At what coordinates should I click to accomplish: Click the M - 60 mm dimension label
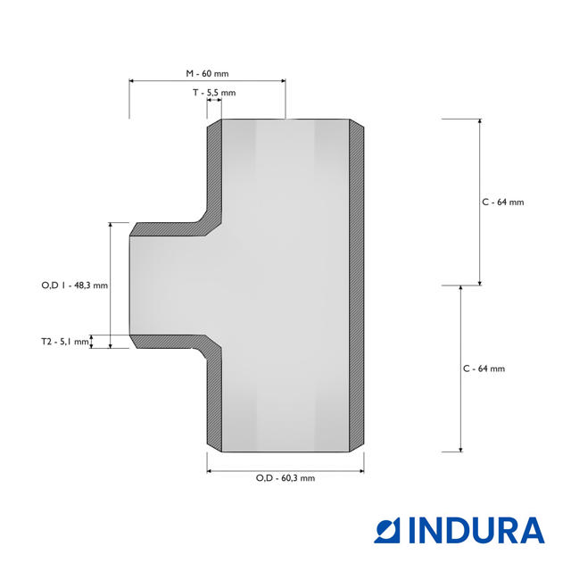[x=207, y=73]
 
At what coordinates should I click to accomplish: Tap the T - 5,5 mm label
[x=214, y=93]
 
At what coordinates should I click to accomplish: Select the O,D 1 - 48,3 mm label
[x=75, y=285]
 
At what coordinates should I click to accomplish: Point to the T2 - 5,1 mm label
[x=65, y=342]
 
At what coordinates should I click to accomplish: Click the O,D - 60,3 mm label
[x=285, y=478]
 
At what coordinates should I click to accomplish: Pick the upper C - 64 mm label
[x=503, y=203]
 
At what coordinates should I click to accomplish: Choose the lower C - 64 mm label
[x=484, y=368]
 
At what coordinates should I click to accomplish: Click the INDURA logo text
[x=476, y=531]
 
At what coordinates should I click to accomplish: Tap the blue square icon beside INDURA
[x=387, y=531]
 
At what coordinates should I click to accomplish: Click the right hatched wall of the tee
[x=357, y=285]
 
